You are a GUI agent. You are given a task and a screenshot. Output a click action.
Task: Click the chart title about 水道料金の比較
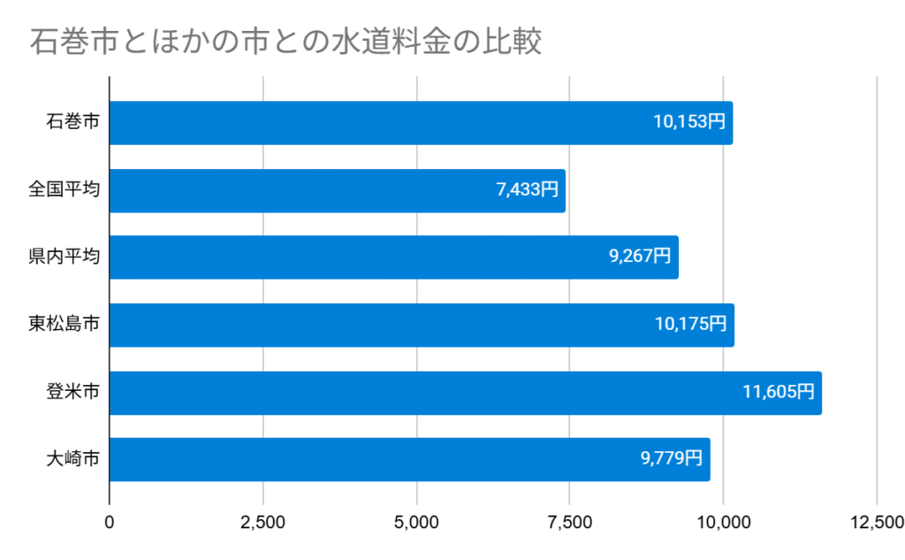pyautogui.click(x=285, y=42)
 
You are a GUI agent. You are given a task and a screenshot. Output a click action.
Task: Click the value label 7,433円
pyautogui.click(x=527, y=190)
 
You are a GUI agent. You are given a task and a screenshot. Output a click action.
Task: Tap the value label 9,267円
pyautogui.click(x=640, y=257)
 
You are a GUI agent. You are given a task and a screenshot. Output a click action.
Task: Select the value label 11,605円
pyautogui.click(x=779, y=392)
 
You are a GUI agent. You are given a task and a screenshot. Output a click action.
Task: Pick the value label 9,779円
pyautogui.click(x=672, y=459)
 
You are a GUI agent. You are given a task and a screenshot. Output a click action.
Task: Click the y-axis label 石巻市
pyautogui.click(x=72, y=123)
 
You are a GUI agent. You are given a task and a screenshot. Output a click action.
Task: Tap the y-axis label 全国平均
pyautogui.click(x=64, y=190)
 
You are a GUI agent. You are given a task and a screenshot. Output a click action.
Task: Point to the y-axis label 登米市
pyautogui.click(x=72, y=392)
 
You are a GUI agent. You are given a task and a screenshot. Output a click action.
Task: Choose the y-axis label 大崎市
pyautogui.click(x=72, y=459)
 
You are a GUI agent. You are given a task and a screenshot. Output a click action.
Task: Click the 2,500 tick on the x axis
pyautogui.click(x=262, y=523)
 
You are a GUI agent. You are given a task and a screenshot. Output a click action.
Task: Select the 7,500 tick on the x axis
pyautogui.click(x=569, y=523)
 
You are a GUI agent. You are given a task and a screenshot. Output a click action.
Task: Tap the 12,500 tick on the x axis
pyautogui.click(x=876, y=523)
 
